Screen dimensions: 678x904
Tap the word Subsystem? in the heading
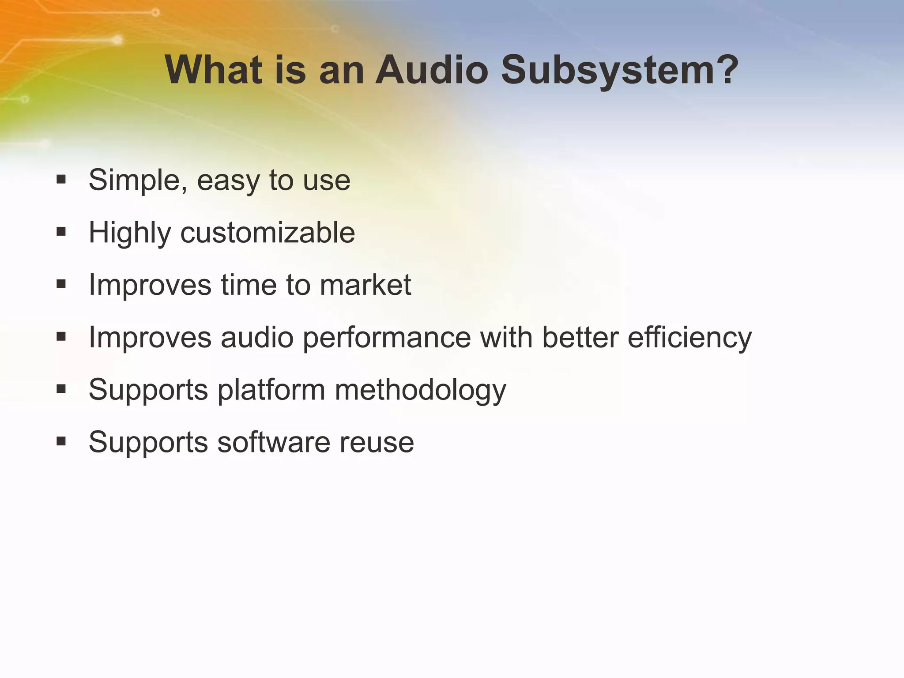(x=620, y=71)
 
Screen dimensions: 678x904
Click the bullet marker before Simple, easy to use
(x=61, y=180)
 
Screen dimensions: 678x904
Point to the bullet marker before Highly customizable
(x=61, y=232)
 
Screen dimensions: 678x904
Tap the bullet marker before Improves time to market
(x=61, y=284)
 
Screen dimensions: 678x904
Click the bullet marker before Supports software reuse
(x=61, y=441)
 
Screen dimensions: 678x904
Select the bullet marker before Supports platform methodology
(x=61, y=389)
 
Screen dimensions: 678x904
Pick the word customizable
(x=267, y=233)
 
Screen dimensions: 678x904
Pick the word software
(x=273, y=442)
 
